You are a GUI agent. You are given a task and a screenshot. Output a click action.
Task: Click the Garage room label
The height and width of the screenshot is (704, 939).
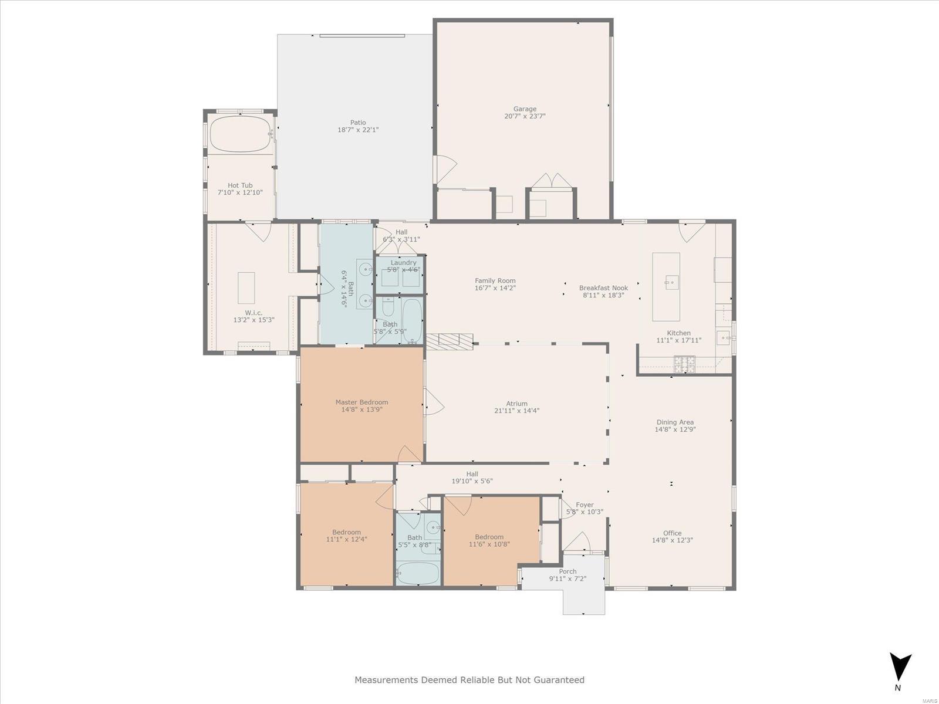(525, 109)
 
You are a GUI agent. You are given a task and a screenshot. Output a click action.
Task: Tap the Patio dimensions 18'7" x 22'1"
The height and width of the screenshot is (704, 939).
(358, 130)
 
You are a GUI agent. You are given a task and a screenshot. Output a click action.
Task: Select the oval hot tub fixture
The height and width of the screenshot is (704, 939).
(241, 134)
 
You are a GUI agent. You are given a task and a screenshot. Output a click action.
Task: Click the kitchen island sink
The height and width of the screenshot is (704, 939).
(671, 283)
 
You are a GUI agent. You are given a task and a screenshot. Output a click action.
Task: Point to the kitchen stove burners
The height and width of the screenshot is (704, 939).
(684, 364)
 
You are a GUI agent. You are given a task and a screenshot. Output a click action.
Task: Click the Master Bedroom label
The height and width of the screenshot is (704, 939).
(362, 402)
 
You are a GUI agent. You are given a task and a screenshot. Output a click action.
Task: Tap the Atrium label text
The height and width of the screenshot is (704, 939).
(516, 404)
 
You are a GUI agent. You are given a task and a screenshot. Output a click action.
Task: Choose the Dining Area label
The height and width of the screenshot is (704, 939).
(675, 422)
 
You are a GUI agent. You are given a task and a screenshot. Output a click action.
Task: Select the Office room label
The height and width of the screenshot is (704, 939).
(672, 533)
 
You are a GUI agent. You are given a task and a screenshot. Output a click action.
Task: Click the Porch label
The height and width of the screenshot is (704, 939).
(568, 571)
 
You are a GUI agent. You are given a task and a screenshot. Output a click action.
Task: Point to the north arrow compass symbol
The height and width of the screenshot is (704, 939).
(900, 669)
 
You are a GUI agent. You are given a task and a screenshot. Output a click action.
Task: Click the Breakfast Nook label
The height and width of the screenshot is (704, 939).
(603, 288)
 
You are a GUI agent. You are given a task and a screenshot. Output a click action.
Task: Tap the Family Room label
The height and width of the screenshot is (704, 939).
(495, 281)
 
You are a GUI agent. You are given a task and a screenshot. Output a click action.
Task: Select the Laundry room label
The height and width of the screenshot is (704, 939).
(403, 262)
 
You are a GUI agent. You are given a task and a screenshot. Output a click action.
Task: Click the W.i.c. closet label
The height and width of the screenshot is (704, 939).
(254, 313)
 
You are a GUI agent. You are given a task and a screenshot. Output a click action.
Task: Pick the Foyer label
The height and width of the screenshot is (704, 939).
(585, 505)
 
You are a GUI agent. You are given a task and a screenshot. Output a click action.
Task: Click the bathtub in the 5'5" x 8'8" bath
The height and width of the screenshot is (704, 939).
(417, 573)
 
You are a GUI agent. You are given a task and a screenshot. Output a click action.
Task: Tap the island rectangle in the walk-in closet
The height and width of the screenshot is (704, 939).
(246, 288)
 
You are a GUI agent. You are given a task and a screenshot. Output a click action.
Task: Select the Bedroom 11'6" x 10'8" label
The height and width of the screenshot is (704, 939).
(489, 537)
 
